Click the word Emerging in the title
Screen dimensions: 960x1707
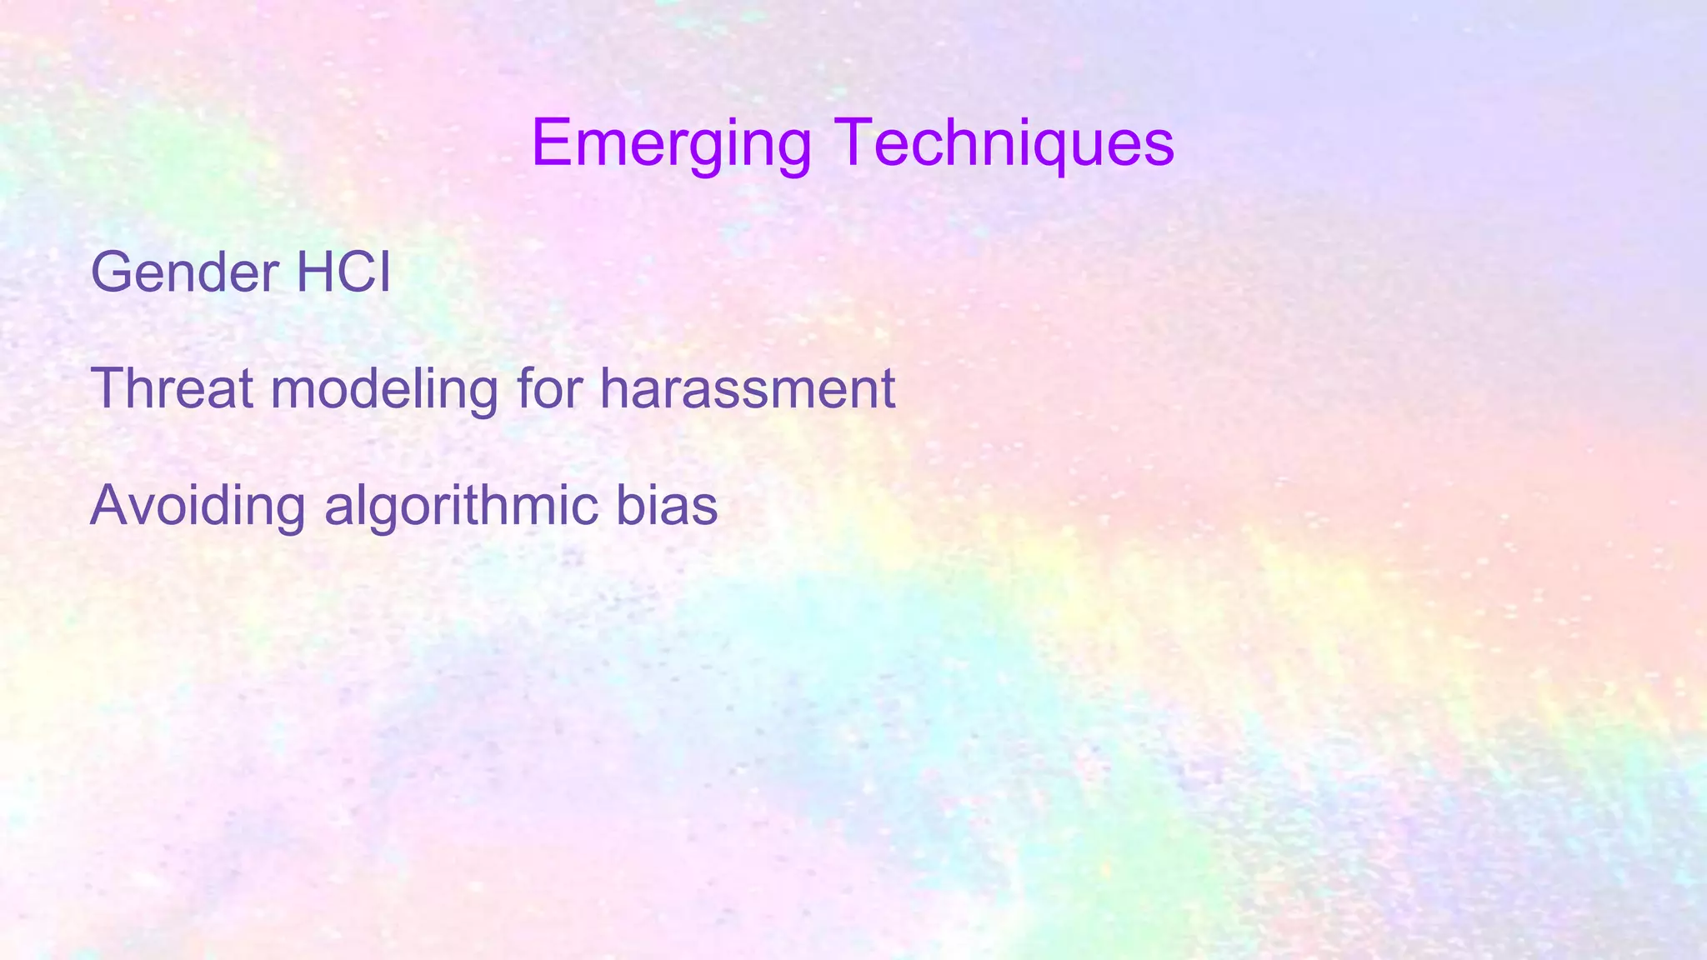[x=671, y=144]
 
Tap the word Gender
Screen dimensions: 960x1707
[x=184, y=273]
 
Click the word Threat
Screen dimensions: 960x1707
[x=172, y=388]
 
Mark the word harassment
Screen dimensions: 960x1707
[x=747, y=390]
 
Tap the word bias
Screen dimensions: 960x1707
[x=667, y=506]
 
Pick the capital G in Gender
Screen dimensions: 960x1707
[x=114, y=272]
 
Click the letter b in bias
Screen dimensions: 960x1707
[x=629, y=506]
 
